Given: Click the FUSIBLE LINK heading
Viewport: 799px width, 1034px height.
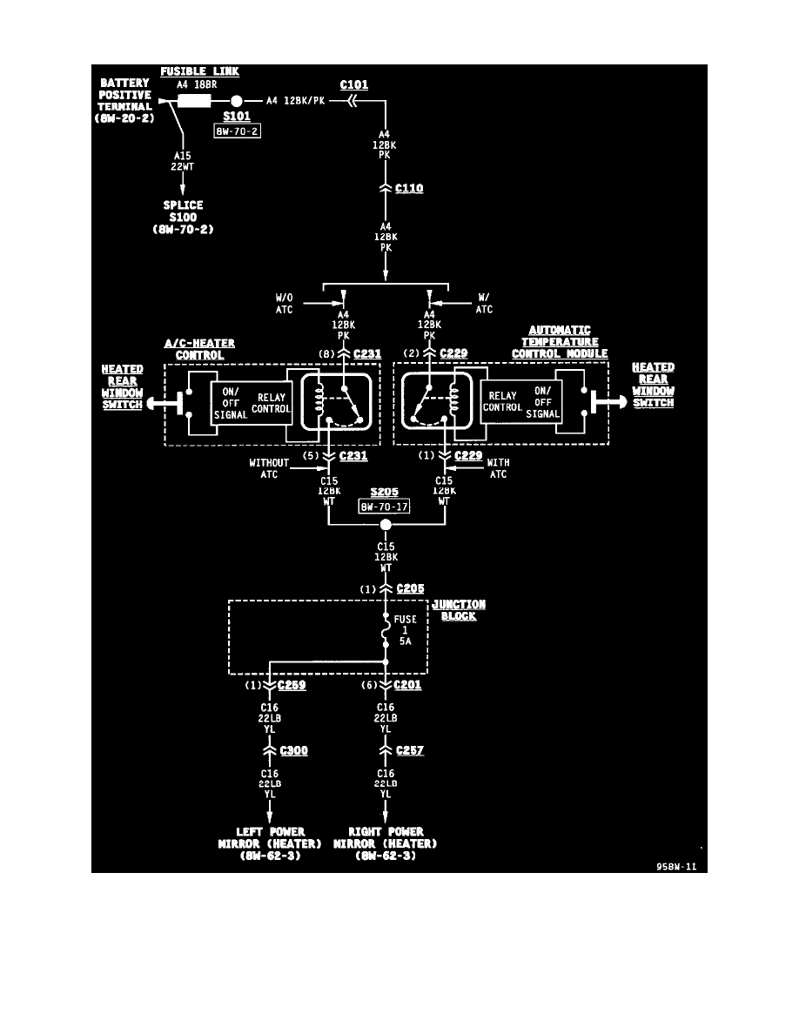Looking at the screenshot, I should pyautogui.click(x=201, y=71).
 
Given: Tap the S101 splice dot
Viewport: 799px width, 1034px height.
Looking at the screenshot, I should pyautogui.click(x=237, y=100).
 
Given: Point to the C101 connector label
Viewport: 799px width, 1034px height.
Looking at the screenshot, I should pyautogui.click(x=354, y=85).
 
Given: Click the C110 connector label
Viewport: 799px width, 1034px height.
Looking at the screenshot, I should pyautogui.click(x=409, y=188).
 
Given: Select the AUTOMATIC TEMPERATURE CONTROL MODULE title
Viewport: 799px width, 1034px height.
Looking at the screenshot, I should pyautogui.click(x=560, y=342).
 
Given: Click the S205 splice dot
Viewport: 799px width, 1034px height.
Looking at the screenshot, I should pyautogui.click(x=386, y=525).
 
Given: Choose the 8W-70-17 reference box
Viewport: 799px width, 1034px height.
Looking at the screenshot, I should pyautogui.click(x=384, y=505).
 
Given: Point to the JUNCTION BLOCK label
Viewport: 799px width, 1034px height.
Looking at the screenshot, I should pyautogui.click(x=460, y=610).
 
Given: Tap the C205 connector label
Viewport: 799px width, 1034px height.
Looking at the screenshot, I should pyautogui.click(x=410, y=589).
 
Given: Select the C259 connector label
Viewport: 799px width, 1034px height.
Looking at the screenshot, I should pyautogui.click(x=292, y=685).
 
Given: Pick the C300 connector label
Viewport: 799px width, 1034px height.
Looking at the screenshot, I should pyautogui.click(x=293, y=750).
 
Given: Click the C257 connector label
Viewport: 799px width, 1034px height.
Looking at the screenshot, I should pyautogui.click(x=409, y=750).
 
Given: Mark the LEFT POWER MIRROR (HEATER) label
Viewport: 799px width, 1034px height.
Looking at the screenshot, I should pyautogui.click(x=270, y=843).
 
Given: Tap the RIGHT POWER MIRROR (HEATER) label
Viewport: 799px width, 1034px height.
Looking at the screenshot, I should pyautogui.click(x=385, y=843).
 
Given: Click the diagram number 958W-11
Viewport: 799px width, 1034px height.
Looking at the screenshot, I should pyautogui.click(x=678, y=867).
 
